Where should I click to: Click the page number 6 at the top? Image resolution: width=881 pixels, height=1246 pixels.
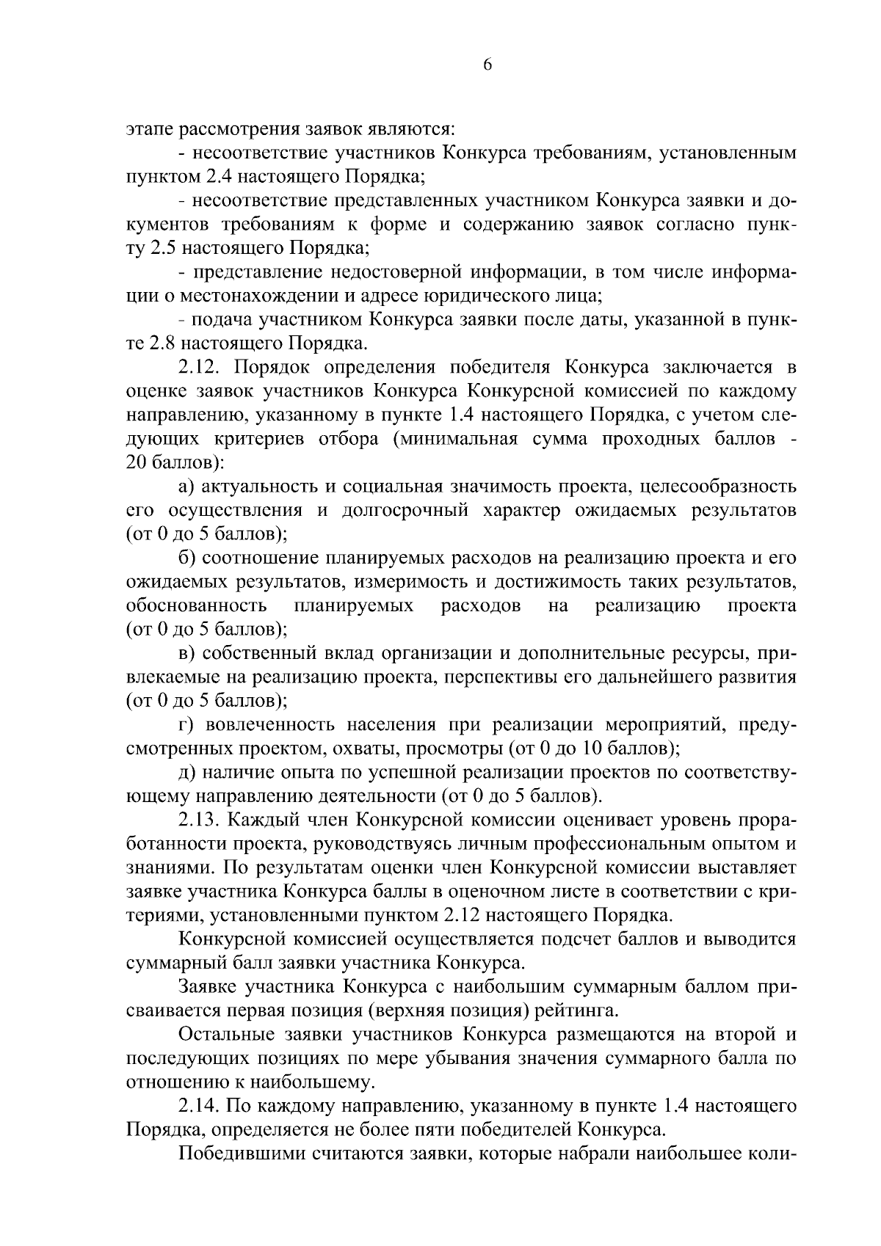[x=487, y=65]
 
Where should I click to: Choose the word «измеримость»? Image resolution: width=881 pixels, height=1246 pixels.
[x=411, y=582]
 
